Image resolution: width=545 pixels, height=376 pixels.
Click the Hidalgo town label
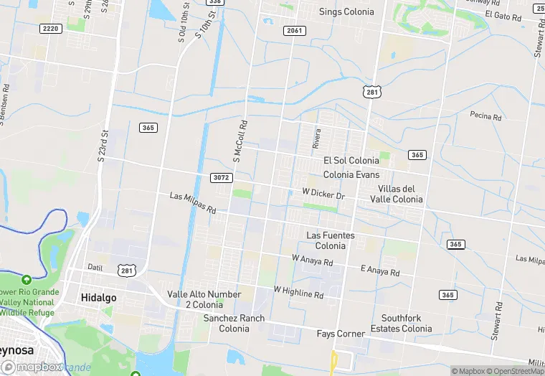point(98,297)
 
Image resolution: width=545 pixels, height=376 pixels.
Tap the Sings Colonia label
point(346,12)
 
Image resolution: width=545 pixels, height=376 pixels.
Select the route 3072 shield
point(222,177)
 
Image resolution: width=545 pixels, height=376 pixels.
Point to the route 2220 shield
point(50,28)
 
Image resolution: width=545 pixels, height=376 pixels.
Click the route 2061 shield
point(294,31)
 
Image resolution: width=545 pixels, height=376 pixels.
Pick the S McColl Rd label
point(240,140)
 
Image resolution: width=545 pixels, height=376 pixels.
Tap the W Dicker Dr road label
point(323,194)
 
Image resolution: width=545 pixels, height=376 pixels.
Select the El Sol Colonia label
point(351,161)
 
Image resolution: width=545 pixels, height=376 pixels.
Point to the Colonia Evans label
point(351,174)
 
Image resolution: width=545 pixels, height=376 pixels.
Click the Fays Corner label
point(341,334)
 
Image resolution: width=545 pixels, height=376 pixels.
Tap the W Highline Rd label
point(298,291)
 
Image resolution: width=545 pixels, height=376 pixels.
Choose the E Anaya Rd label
point(379,271)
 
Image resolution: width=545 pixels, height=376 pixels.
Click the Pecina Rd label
point(485,115)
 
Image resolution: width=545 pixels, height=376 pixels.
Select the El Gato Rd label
point(502,14)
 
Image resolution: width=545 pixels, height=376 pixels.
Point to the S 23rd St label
point(103,145)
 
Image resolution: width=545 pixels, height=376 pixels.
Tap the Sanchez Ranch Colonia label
point(234,324)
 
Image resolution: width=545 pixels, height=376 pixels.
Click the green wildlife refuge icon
point(27,279)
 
